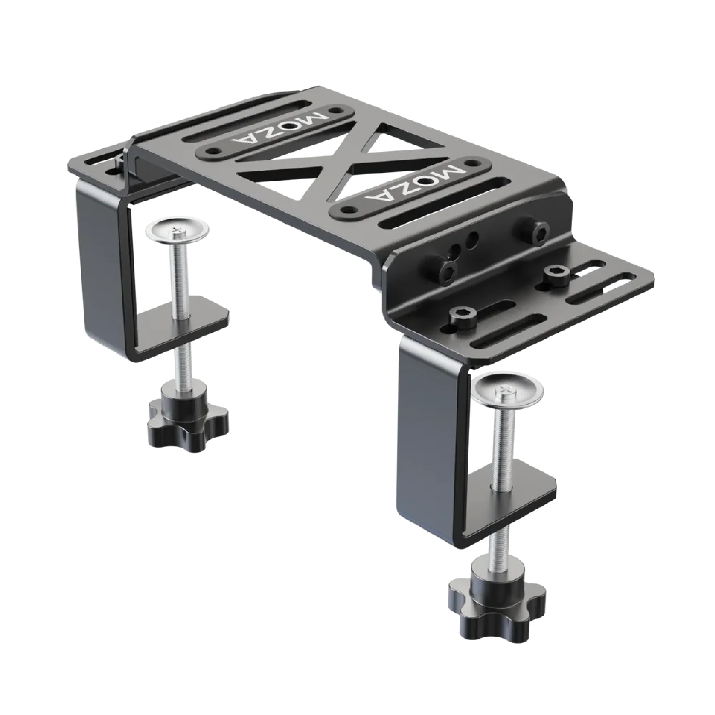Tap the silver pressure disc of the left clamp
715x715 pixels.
click(x=177, y=231)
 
